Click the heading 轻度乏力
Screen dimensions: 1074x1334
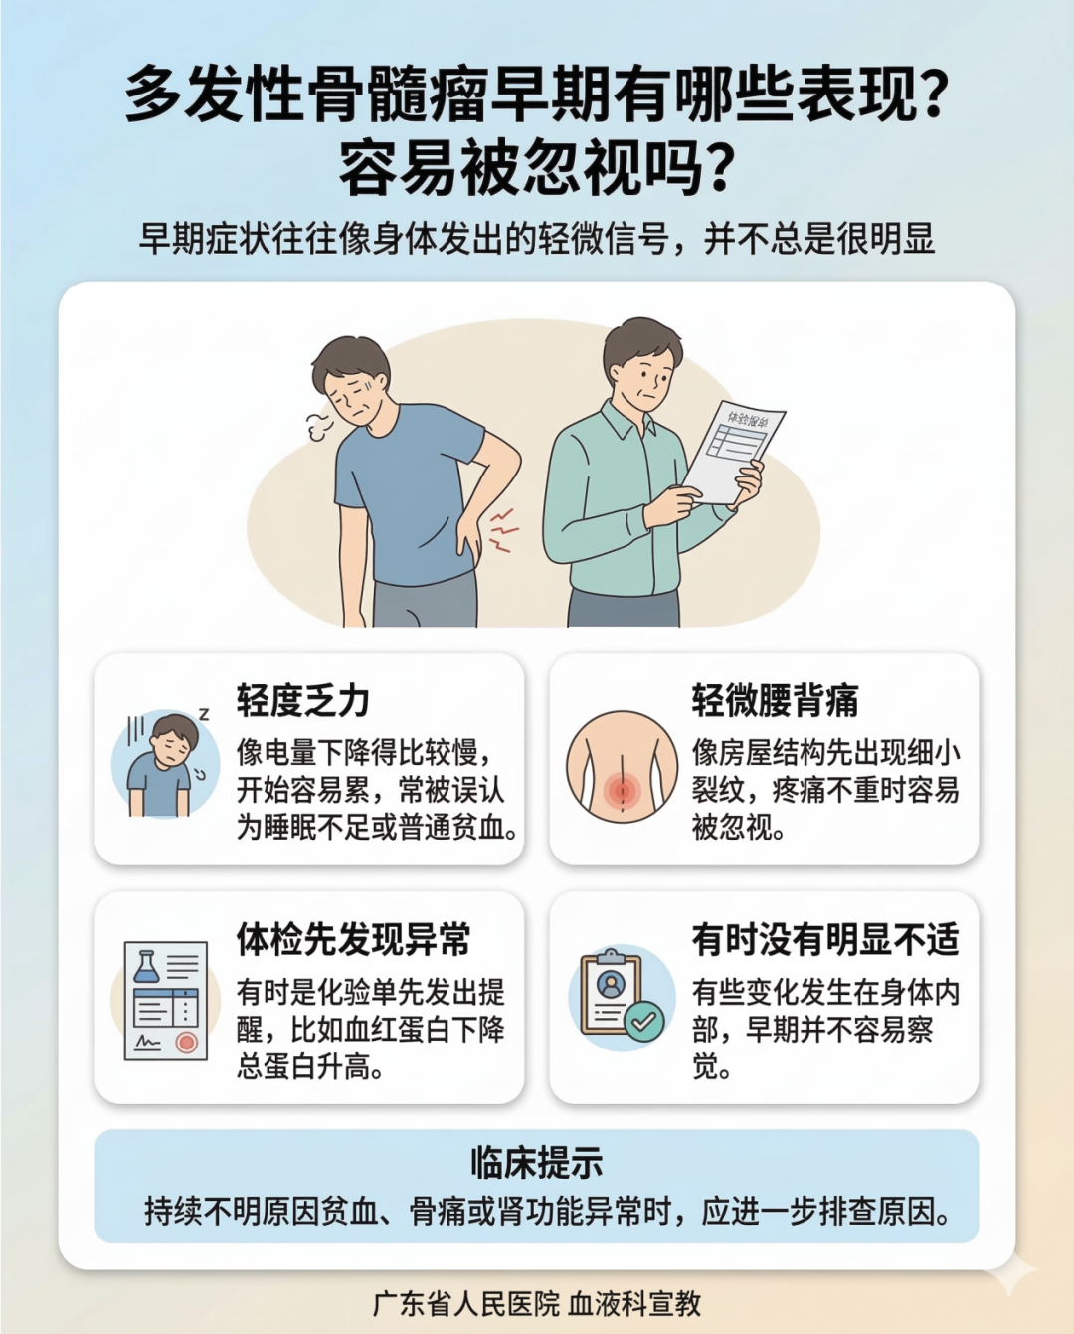point(302,701)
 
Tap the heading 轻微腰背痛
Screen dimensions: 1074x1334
point(776,701)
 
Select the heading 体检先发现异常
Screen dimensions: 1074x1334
point(353,939)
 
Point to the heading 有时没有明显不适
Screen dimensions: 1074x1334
point(825,939)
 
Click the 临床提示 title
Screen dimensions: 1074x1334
point(537,1162)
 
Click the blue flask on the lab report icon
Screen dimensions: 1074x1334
point(145,968)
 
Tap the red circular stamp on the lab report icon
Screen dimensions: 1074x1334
point(186,1043)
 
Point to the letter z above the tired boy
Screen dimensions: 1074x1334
point(204,714)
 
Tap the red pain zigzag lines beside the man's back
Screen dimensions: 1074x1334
point(504,530)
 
